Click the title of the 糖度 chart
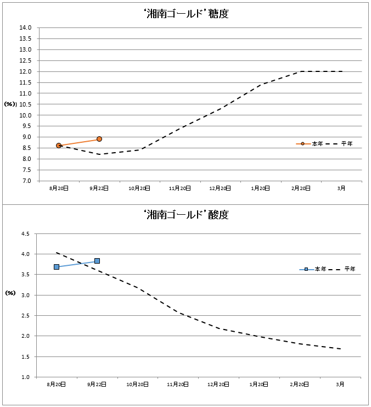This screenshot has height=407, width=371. (x=185, y=14)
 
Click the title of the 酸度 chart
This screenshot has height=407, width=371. (x=185, y=215)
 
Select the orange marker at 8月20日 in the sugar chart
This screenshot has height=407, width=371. (x=59, y=146)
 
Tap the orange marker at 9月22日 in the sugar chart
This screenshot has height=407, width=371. (x=99, y=139)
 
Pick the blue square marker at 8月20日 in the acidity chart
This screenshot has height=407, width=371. (x=57, y=267)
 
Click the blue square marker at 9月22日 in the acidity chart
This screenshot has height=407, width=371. (x=97, y=261)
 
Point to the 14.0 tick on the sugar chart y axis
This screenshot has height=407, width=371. (x=25, y=27)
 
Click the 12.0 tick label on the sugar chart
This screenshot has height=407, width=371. (x=25, y=71)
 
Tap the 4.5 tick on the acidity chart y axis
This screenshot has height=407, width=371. (x=25, y=234)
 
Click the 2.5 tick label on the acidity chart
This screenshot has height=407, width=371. (x=25, y=316)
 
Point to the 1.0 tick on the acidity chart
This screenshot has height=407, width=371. (x=25, y=377)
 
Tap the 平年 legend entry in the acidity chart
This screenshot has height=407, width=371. (x=350, y=270)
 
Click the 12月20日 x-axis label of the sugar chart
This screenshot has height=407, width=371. (x=220, y=188)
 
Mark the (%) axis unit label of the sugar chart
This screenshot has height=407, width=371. (x=10, y=104)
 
